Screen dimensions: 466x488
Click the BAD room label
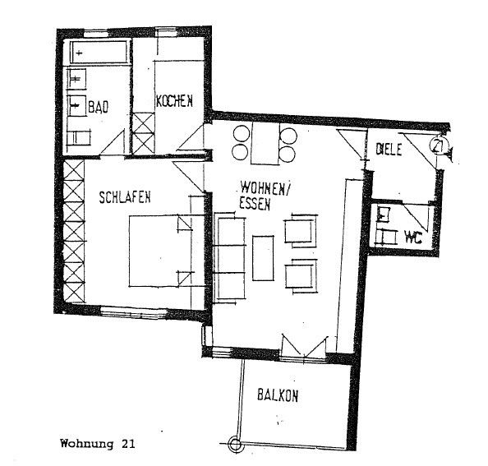point(99,106)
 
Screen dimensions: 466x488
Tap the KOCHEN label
point(174,101)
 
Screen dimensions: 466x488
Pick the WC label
point(412,238)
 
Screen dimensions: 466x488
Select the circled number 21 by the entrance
point(438,148)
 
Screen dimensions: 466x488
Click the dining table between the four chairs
point(264,143)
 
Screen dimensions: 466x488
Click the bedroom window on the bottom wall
point(133,311)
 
